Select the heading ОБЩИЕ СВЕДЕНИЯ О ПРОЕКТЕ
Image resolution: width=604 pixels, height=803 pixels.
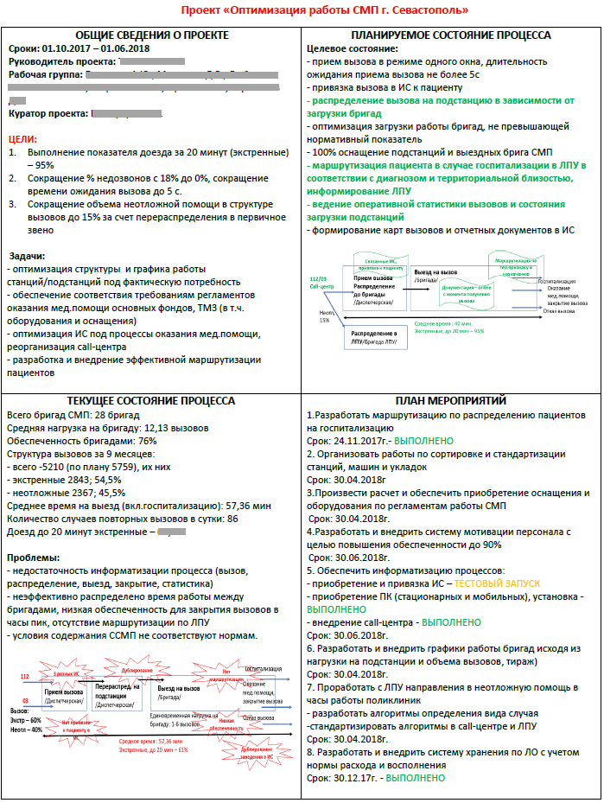(x=150, y=35)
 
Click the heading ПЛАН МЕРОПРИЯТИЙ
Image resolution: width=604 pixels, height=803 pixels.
(x=449, y=400)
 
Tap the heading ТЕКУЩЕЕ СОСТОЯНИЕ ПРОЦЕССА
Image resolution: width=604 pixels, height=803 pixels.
(x=150, y=400)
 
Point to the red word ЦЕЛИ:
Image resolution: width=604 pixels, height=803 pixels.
(x=22, y=138)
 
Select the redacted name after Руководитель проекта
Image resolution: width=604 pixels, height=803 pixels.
(x=151, y=62)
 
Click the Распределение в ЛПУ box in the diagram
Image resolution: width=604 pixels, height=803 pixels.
(x=374, y=336)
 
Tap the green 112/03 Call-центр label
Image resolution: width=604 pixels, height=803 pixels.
(x=321, y=283)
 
